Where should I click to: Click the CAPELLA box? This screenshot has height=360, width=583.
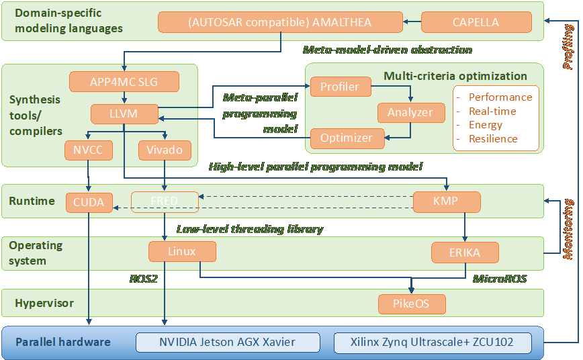(x=476, y=22)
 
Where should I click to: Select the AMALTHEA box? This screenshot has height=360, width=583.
(x=280, y=22)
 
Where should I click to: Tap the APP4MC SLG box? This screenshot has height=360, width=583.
(x=124, y=83)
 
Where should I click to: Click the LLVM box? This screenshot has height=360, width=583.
(x=124, y=114)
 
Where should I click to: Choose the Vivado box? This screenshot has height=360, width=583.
(x=165, y=149)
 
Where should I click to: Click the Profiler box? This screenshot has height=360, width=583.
(x=339, y=87)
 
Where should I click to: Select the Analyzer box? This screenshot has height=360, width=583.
(x=410, y=112)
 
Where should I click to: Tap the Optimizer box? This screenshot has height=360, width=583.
(x=347, y=138)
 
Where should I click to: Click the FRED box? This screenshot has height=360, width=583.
(x=165, y=201)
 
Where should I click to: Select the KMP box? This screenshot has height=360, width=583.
(x=446, y=201)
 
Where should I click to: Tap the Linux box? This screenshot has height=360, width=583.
(x=182, y=252)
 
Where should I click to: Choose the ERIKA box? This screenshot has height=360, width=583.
(x=465, y=253)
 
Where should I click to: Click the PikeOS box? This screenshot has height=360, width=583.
(x=411, y=304)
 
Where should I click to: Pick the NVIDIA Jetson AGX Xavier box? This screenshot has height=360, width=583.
(x=227, y=342)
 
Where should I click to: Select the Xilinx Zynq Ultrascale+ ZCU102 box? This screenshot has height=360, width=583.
(x=432, y=342)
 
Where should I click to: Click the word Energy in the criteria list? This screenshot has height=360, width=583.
(x=486, y=125)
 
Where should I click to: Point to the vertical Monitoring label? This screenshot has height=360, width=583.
(x=568, y=229)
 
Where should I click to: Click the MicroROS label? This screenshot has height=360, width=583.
(x=498, y=278)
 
